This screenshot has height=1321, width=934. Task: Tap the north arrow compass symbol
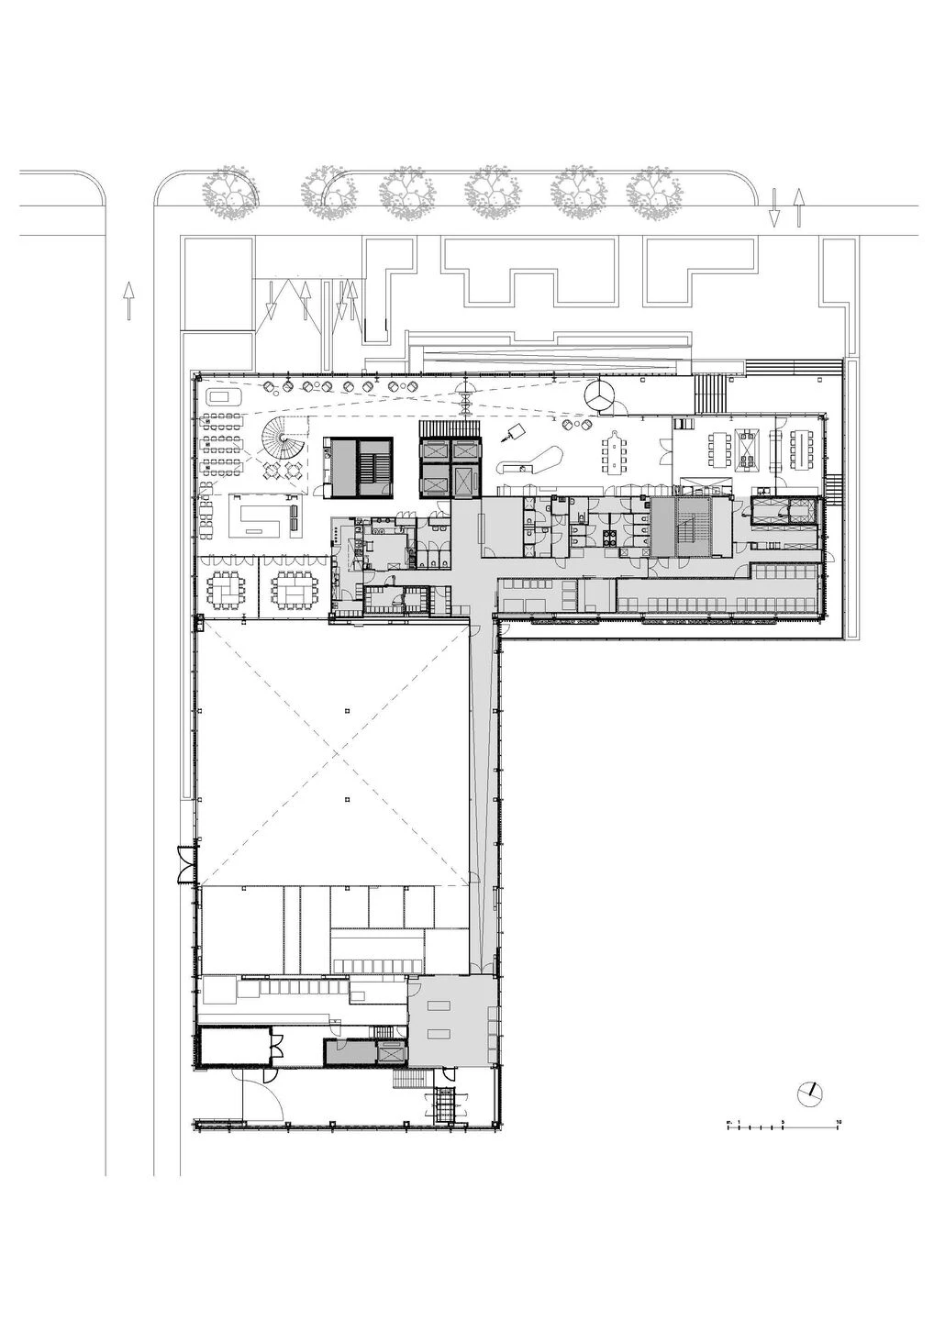(809, 1092)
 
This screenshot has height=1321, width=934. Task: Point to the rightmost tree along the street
(655, 194)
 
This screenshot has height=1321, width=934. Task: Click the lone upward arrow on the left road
(128, 300)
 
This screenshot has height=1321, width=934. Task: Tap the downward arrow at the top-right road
(774, 208)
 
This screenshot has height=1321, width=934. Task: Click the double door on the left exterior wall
(185, 863)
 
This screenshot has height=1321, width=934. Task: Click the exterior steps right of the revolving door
(710, 394)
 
